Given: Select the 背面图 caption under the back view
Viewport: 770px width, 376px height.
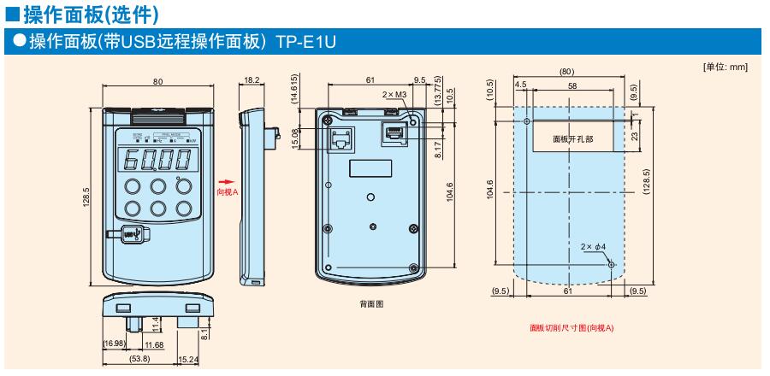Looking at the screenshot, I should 370,303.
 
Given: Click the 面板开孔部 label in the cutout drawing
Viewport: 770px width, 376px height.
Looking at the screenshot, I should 571,137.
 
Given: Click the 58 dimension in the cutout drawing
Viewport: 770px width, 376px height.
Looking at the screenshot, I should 571,85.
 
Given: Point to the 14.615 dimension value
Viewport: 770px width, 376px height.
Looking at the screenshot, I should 295,89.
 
